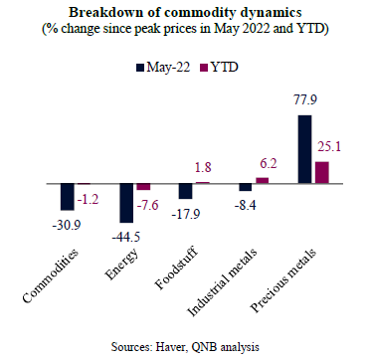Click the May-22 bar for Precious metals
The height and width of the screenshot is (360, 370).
pos(305,149)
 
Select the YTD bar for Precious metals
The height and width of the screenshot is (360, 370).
pos(322,172)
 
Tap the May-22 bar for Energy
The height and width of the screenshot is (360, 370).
pos(126,203)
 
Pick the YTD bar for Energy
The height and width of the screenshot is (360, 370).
pos(143,187)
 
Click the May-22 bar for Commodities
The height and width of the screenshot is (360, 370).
pos(68,197)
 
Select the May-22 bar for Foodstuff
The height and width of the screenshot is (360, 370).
pos(186,191)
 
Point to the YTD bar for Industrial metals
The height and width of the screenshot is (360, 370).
pos(263,180)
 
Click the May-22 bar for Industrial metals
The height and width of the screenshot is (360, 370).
pos(246,187)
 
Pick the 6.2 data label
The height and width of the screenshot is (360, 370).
pos(269,163)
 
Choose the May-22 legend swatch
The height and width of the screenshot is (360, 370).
pos(140,69)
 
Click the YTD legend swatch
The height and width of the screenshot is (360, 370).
pos(204,69)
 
